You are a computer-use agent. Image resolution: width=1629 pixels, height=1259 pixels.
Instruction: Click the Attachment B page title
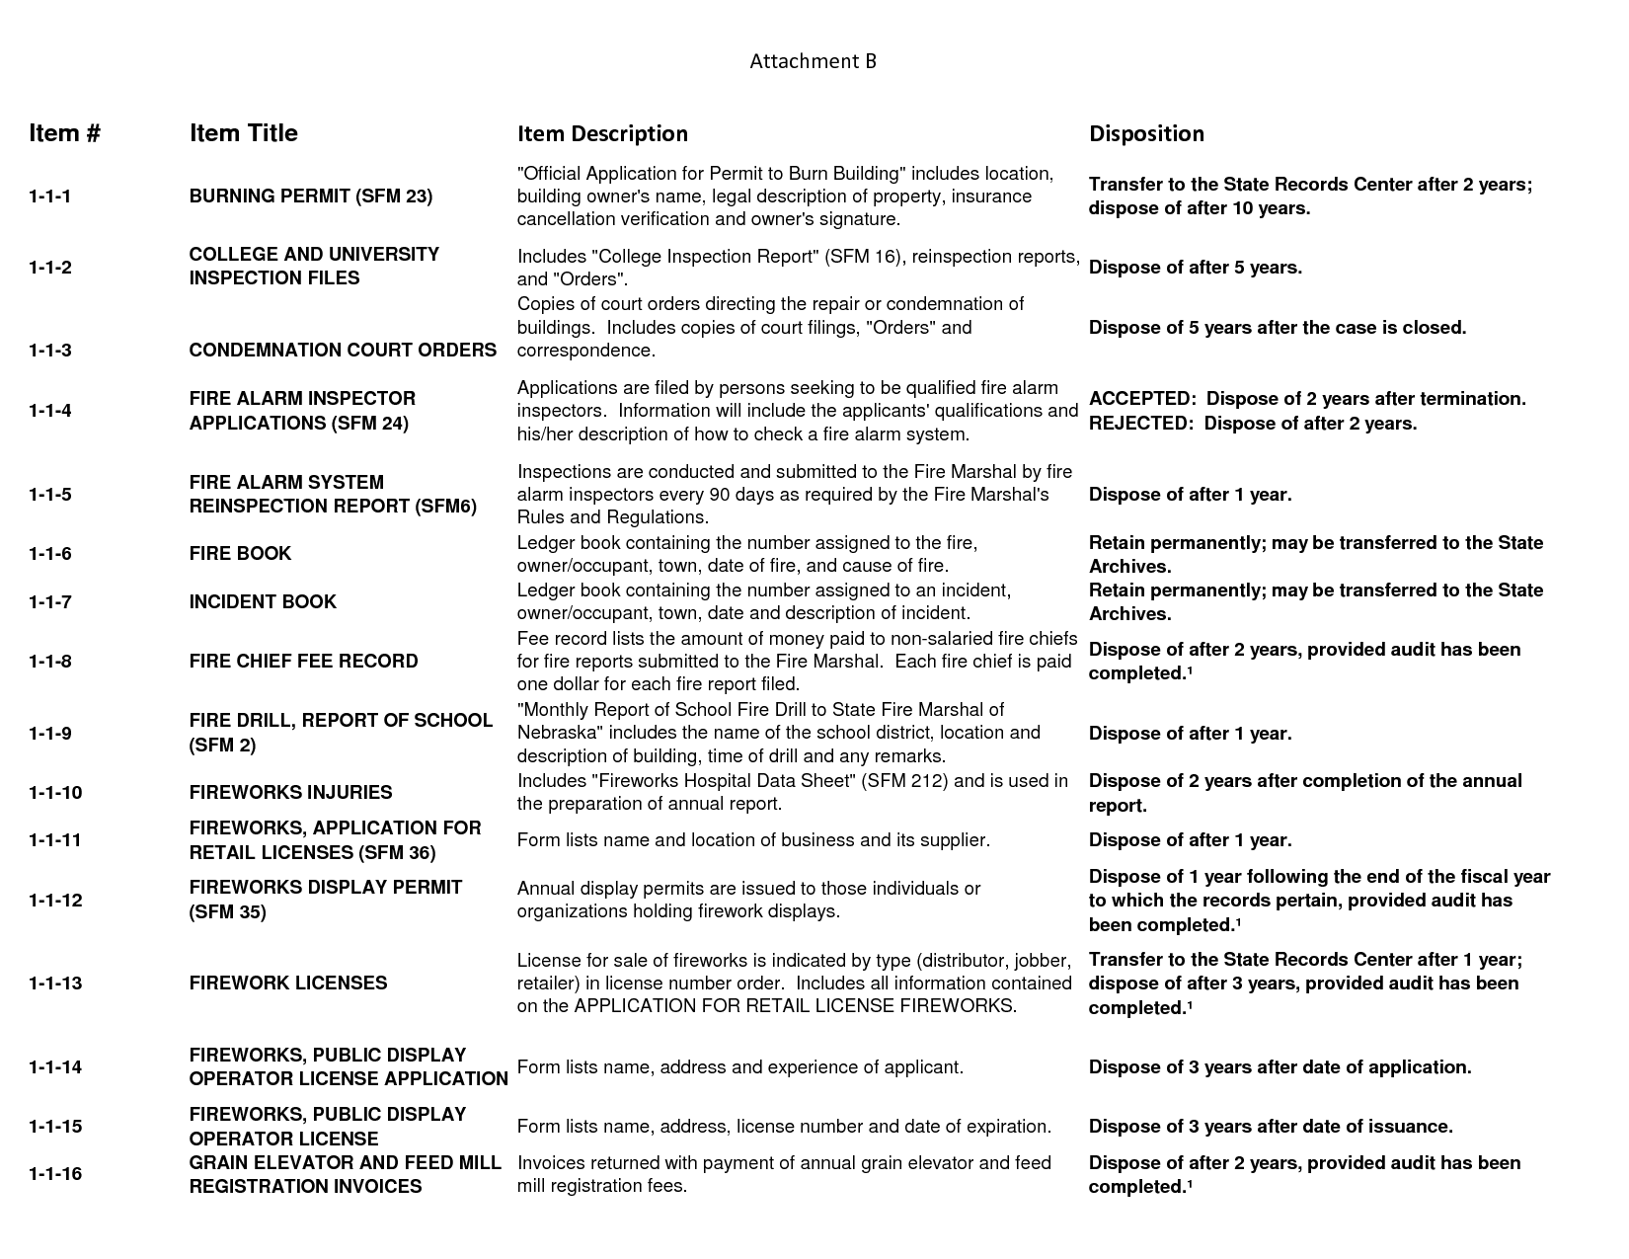coord(813,61)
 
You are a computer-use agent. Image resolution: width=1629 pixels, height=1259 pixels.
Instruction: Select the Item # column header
coord(64,133)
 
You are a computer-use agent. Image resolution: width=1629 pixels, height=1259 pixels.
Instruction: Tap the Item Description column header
coord(602,133)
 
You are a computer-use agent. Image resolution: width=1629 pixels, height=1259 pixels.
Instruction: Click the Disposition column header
coord(1146,133)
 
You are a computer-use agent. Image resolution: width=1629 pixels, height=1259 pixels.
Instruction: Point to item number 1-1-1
coord(49,197)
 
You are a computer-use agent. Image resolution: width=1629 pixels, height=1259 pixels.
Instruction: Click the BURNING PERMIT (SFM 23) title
coord(311,197)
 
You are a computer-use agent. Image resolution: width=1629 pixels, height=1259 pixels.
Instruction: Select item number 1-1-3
coord(49,351)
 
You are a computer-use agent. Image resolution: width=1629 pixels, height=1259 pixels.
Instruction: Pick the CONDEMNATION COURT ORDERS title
coord(343,351)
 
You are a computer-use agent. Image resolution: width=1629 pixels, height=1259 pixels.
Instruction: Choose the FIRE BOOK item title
coord(240,554)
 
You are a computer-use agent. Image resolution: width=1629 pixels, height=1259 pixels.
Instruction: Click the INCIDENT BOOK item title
coord(263,602)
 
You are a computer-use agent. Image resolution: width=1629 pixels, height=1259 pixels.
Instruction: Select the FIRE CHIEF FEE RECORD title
coord(303,662)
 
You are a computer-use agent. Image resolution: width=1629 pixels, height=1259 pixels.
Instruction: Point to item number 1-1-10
coord(55,793)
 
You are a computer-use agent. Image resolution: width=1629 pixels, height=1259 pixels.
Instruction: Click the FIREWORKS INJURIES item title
coord(290,793)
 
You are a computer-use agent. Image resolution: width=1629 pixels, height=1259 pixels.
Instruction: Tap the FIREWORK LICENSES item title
coord(288,984)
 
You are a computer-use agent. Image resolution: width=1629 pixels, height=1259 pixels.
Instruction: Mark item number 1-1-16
coord(55,1174)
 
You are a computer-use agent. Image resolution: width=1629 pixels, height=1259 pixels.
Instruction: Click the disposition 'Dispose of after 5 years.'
coord(1195,268)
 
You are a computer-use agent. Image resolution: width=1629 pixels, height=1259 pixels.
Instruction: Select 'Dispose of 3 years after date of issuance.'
coord(1270,1127)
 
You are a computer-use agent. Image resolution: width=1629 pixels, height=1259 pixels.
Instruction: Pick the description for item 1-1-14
coord(739,1067)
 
